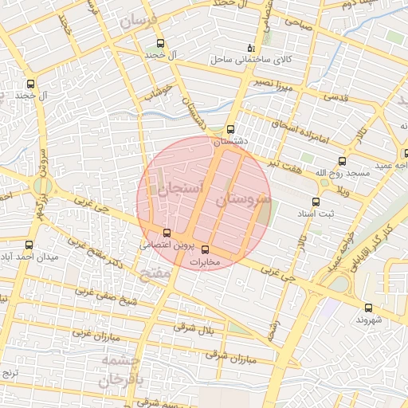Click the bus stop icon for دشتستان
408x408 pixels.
click(x=231, y=129)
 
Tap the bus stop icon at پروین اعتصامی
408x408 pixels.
click(x=166, y=233)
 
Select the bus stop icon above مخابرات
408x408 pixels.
click(x=206, y=249)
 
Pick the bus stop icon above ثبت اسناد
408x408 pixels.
click(x=316, y=202)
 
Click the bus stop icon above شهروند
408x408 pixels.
click(x=368, y=308)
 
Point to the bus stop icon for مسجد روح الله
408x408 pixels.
click(x=342, y=161)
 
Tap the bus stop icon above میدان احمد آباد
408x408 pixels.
click(x=30, y=245)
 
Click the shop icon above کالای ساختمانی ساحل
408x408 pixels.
click(x=252, y=48)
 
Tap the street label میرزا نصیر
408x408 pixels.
click(x=275, y=84)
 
